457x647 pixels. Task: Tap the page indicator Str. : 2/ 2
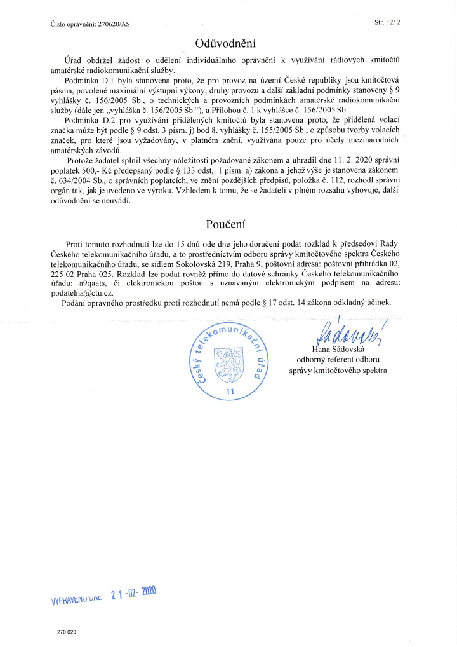(x=392, y=22)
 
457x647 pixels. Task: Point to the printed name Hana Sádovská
(x=347, y=350)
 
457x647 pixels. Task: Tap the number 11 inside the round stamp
(x=230, y=392)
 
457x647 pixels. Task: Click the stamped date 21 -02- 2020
(x=133, y=595)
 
